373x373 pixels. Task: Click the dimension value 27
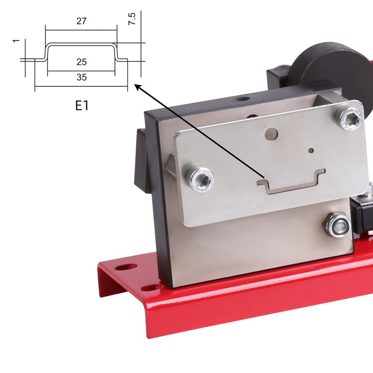81,21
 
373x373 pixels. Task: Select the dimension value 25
81,62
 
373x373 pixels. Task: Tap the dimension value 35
81,77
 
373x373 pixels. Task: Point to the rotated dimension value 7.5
132,19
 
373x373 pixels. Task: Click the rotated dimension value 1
16,41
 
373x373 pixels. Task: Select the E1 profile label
82,105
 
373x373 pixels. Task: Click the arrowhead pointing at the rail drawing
138,87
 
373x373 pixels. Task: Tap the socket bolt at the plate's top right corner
349,118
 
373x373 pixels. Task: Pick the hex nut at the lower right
337,225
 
